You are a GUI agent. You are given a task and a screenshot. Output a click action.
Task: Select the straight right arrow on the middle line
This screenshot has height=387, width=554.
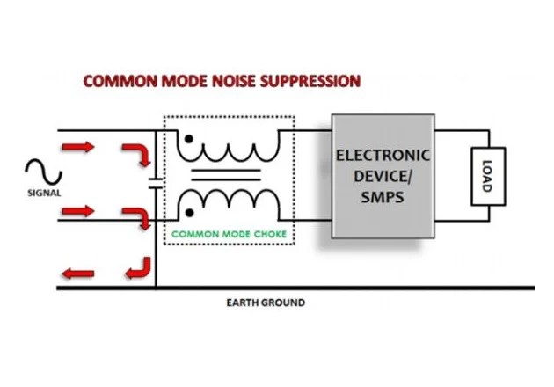click(x=76, y=211)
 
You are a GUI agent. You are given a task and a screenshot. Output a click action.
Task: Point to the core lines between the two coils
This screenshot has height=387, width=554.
click(x=226, y=175)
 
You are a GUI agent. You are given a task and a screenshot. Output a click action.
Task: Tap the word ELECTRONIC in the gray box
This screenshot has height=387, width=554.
click(x=383, y=156)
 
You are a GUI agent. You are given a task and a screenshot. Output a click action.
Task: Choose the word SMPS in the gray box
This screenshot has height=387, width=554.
click(x=383, y=198)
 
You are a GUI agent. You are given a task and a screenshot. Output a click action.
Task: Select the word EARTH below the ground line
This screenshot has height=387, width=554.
click(x=241, y=303)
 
